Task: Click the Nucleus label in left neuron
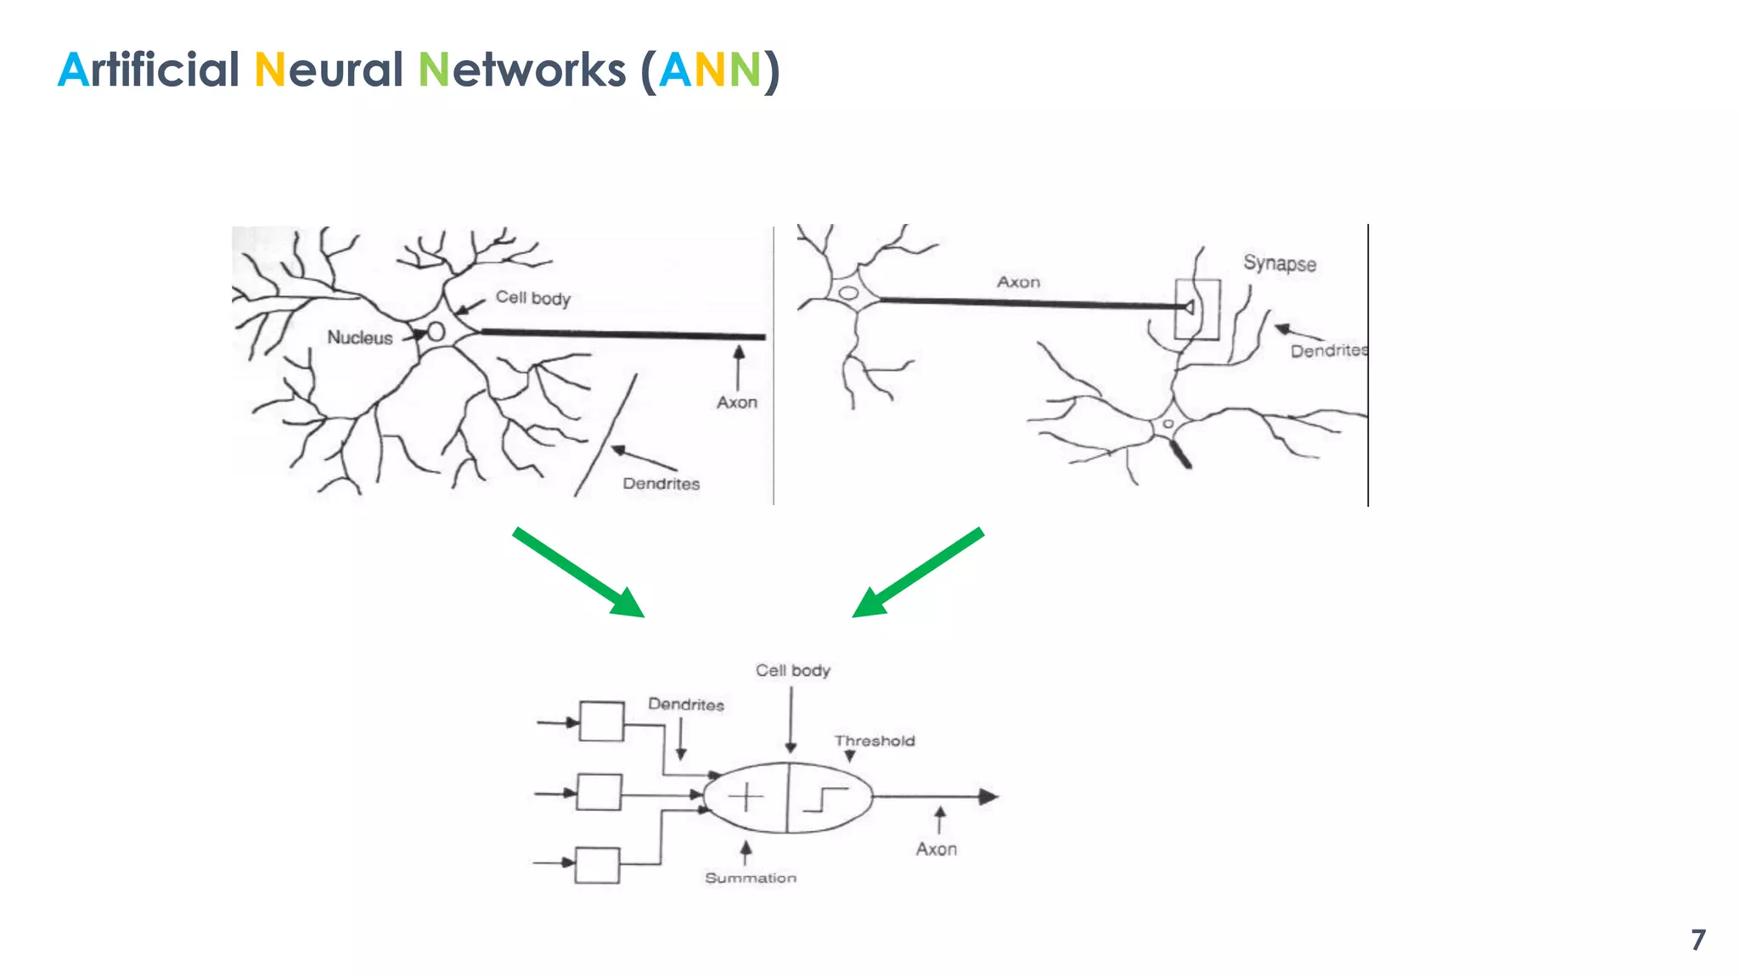(360, 338)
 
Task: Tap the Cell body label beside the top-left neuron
(533, 298)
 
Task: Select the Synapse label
(1280, 263)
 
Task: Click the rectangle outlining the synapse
(1198, 309)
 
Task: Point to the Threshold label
(875, 741)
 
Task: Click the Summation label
(751, 878)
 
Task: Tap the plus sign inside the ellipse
(746, 797)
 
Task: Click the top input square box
(601, 722)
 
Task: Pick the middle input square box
(599, 792)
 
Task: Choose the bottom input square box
(597, 865)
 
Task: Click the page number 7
(1697, 940)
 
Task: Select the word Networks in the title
(522, 70)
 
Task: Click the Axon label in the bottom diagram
(936, 849)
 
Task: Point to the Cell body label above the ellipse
(793, 671)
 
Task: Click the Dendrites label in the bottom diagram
(686, 705)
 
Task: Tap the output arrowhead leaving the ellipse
(988, 796)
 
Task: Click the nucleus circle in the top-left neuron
(436, 331)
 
